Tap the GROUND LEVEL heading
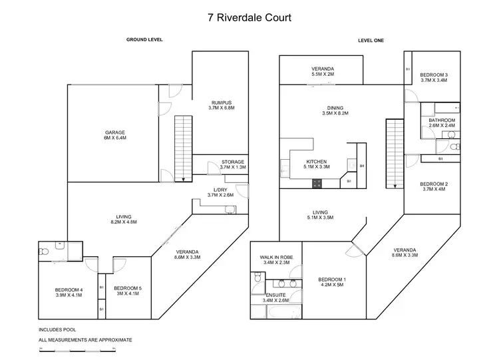tap(144, 40)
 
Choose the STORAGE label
tap(232, 162)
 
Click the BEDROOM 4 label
tap(69, 289)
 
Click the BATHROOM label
tap(441, 120)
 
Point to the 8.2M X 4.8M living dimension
tap(122, 224)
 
